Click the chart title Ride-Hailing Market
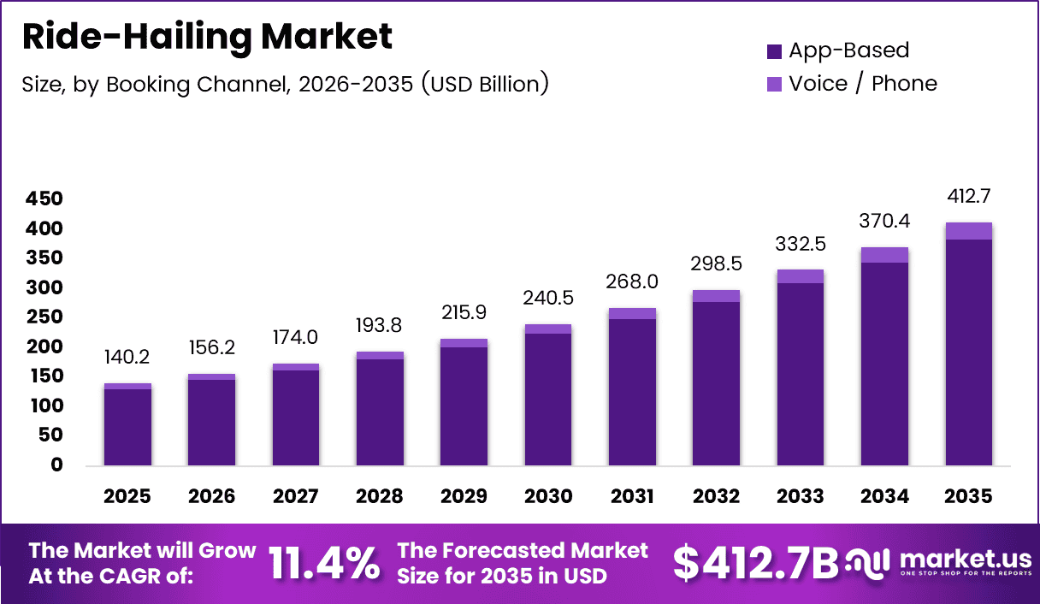click(x=207, y=37)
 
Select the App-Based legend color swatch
click(x=775, y=51)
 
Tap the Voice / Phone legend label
click(x=862, y=84)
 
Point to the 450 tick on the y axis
click(x=44, y=199)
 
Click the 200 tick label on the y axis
click(x=44, y=346)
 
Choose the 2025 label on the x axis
click(x=127, y=497)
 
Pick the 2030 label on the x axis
click(x=547, y=497)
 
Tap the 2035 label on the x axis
click(x=968, y=497)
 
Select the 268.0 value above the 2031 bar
click(x=632, y=282)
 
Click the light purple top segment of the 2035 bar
click(x=968, y=231)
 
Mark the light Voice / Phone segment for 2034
click(x=884, y=255)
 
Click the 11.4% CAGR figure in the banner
click(x=324, y=563)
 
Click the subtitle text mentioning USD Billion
click(x=285, y=84)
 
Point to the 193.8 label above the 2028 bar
click(x=380, y=326)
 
